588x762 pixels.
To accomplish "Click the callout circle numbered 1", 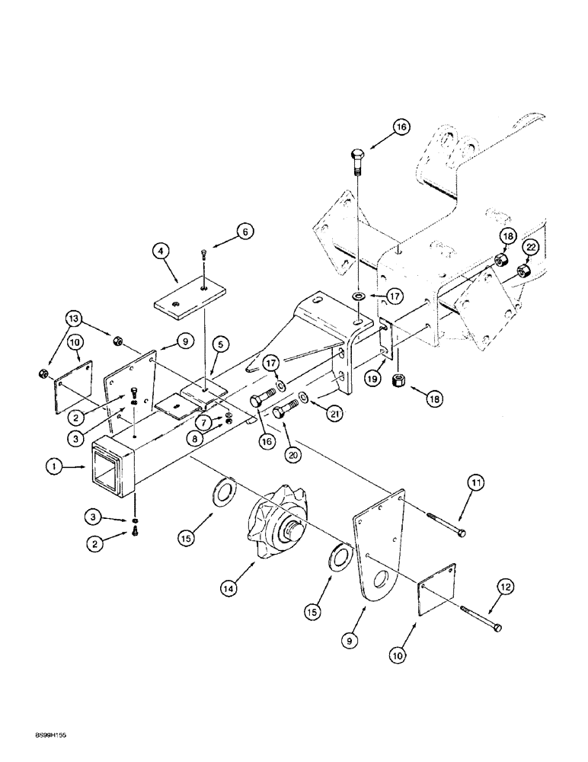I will pos(53,470).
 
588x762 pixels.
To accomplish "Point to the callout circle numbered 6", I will pos(244,230).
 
